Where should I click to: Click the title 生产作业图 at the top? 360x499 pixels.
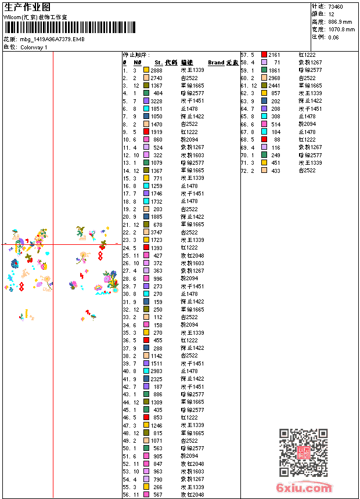point(27,7)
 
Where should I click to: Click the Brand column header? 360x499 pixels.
point(216,62)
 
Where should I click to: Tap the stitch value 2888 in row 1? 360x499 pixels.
point(157,70)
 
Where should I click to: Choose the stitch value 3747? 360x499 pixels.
point(157,232)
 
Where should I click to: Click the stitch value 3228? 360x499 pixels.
point(157,101)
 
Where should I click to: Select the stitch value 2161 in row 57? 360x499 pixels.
point(274,55)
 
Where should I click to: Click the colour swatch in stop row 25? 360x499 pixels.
point(146,255)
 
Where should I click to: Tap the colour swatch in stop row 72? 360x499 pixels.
point(264,171)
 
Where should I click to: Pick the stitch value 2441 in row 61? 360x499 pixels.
point(274,85)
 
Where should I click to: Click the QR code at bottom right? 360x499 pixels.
point(303,453)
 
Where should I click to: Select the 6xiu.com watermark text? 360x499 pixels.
point(304,488)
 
